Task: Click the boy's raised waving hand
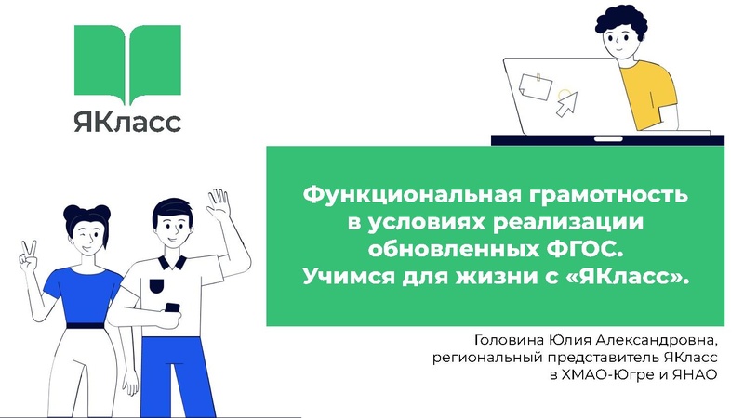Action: point(219,204)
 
